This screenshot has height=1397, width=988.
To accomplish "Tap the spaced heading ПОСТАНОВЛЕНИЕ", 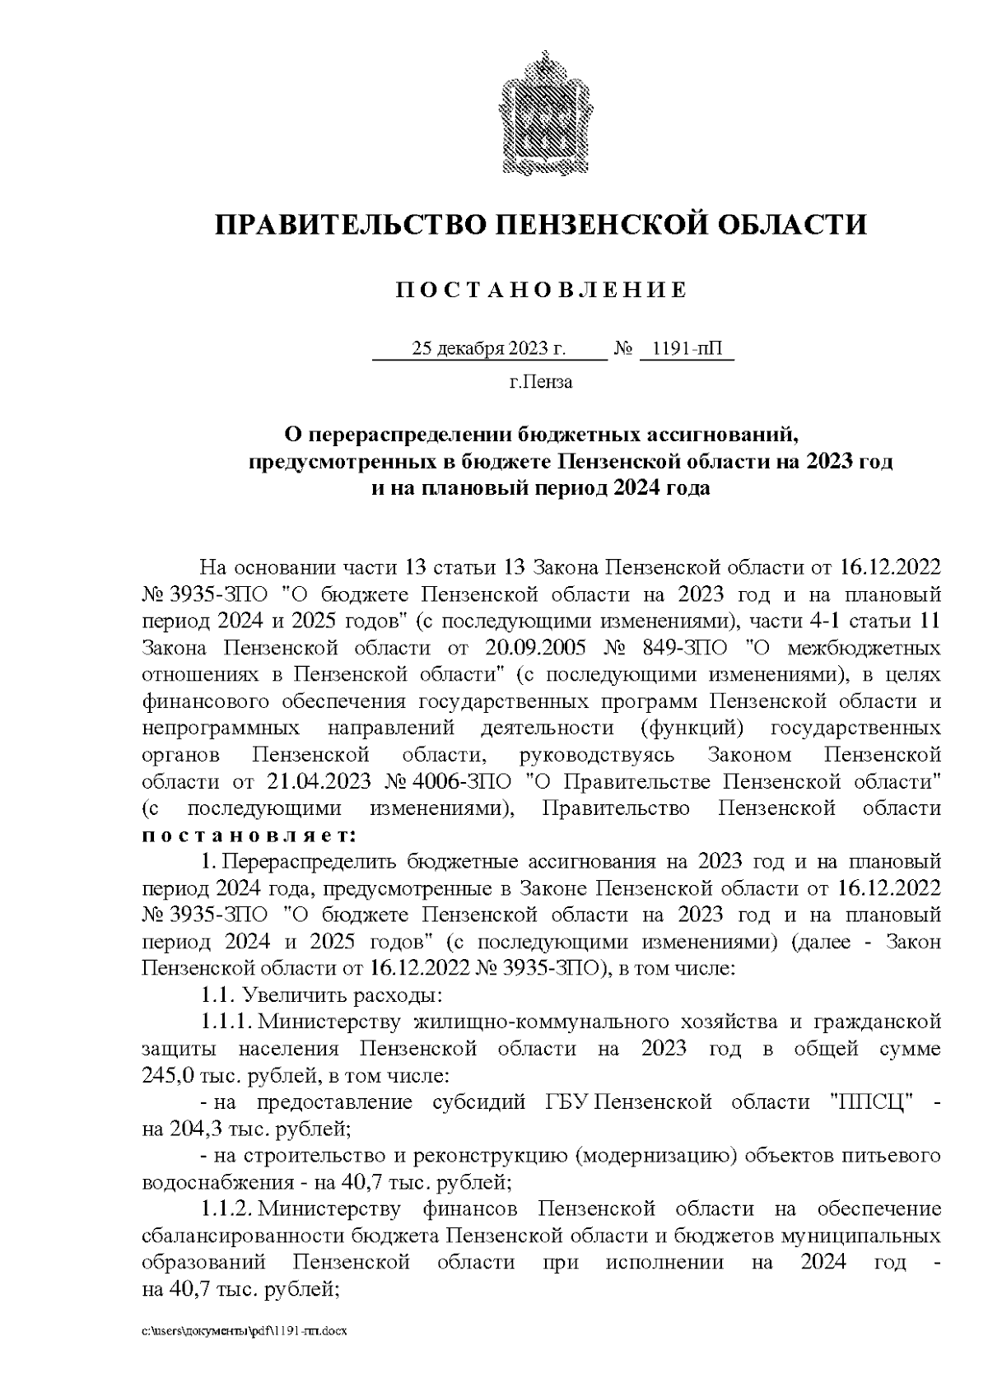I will tap(541, 291).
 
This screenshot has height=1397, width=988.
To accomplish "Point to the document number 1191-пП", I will tap(685, 349).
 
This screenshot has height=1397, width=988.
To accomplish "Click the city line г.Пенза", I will tap(541, 382).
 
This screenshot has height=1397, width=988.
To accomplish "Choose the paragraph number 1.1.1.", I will tap(226, 1022).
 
